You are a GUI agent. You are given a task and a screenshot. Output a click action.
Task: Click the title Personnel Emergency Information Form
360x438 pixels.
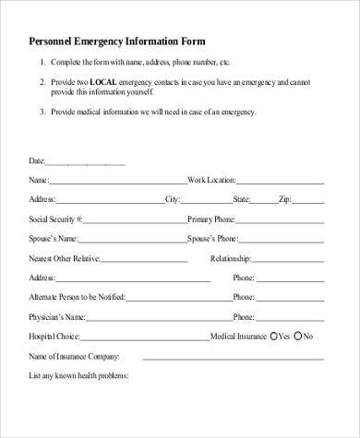click(x=117, y=41)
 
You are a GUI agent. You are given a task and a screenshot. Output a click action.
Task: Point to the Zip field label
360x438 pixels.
click(x=286, y=199)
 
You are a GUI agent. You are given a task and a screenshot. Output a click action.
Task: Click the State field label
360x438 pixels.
click(x=243, y=199)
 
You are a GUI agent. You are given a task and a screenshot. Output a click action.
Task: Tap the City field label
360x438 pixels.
click(x=173, y=199)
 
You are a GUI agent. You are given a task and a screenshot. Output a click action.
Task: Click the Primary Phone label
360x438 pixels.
click(x=214, y=219)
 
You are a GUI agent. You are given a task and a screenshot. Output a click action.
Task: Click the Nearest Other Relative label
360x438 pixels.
click(x=66, y=258)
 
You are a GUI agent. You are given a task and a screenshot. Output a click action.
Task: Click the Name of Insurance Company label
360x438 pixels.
click(x=74, y=356)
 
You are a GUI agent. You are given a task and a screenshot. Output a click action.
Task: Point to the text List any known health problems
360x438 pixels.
click(x=78, y=375)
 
